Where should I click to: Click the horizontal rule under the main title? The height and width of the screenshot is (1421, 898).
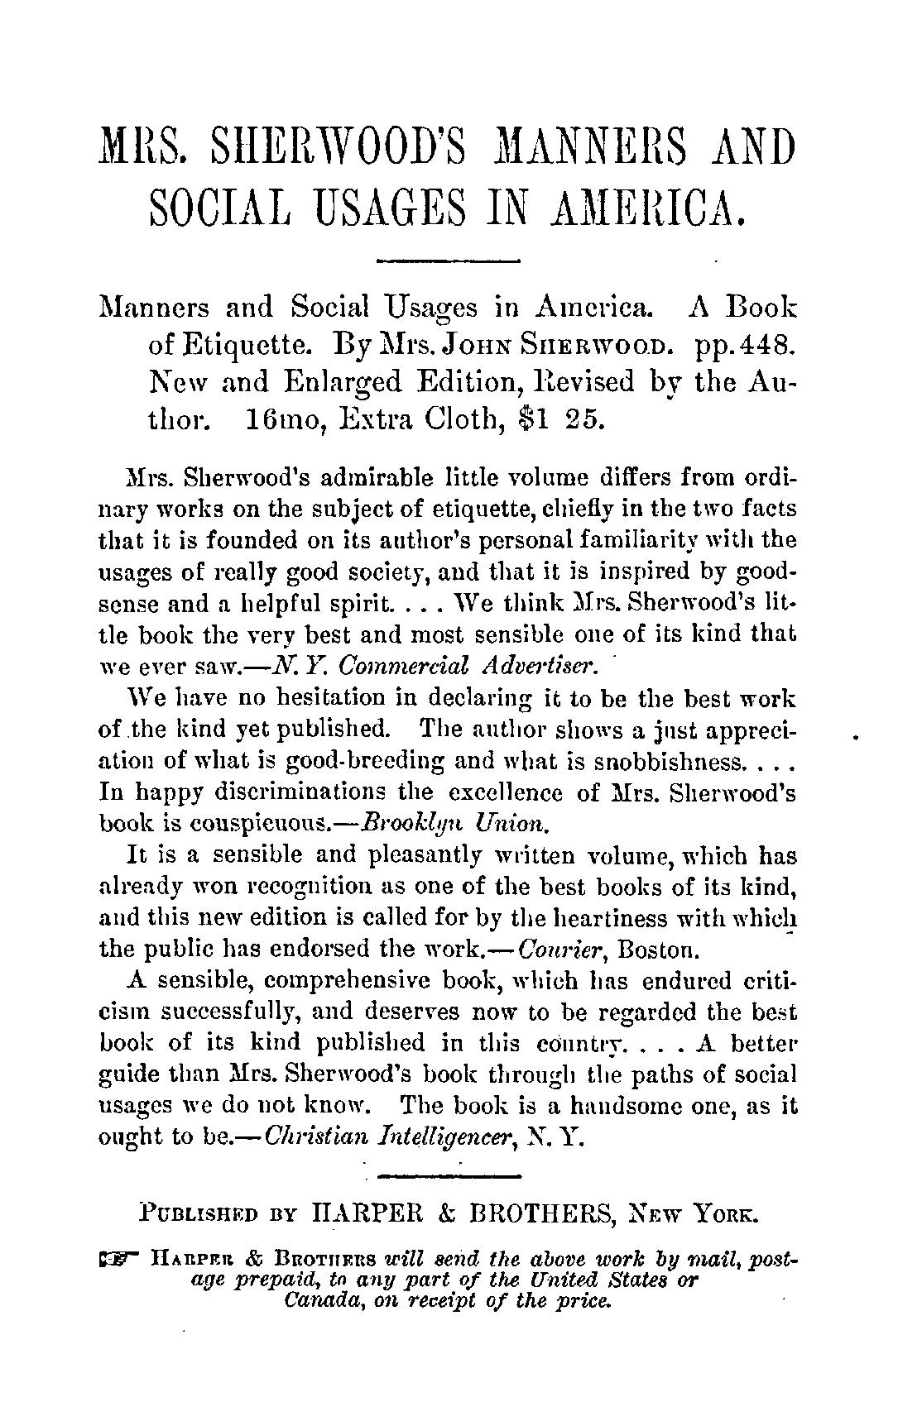tap(447, 262)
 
